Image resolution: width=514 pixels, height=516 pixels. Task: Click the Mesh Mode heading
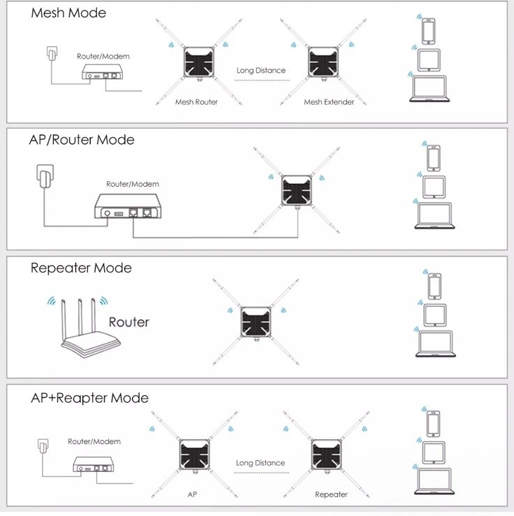pos(68,13)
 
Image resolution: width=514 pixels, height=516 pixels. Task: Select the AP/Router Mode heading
pos(81,140)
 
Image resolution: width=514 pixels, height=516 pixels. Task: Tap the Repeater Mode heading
pos(81,268)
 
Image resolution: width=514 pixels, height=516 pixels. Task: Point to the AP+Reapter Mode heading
pos(89,398)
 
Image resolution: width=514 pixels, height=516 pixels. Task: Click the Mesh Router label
pos(196,102)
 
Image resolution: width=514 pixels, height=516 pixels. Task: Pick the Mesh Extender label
pos(329,102)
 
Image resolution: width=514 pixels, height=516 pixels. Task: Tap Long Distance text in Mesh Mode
pos(261,70)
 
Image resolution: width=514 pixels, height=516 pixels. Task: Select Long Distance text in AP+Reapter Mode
pos(260,463)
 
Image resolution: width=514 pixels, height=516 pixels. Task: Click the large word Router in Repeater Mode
pos(128,322)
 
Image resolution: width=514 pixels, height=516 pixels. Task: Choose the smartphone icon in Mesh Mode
pos(428,31)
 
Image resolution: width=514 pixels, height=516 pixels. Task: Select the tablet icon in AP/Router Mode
pos(434,186)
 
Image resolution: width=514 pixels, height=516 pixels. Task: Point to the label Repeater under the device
pos(331,495)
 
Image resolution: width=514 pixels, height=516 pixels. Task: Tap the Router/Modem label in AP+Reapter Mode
pos(94,442)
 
